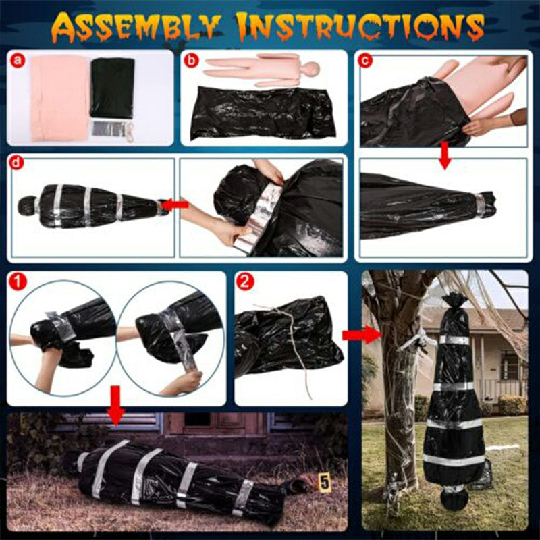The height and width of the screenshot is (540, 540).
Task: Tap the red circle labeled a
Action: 18,61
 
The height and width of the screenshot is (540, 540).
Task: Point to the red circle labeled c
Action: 367,61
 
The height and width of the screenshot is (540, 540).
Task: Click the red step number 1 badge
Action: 20,283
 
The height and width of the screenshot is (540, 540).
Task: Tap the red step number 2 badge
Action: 245,282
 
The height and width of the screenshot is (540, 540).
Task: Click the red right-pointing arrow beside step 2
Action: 354,334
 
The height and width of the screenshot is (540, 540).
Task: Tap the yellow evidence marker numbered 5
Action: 325,483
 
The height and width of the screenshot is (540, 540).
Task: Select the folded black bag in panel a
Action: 113,88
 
